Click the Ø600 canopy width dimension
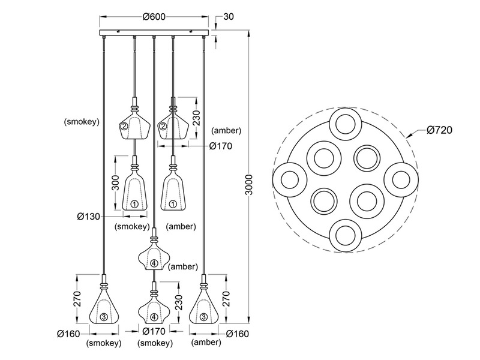(154, 17)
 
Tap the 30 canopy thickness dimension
(228, 17)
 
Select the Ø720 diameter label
(439, 130)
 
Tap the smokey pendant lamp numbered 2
(133, 123)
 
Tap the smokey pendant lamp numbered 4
(154, 310)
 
